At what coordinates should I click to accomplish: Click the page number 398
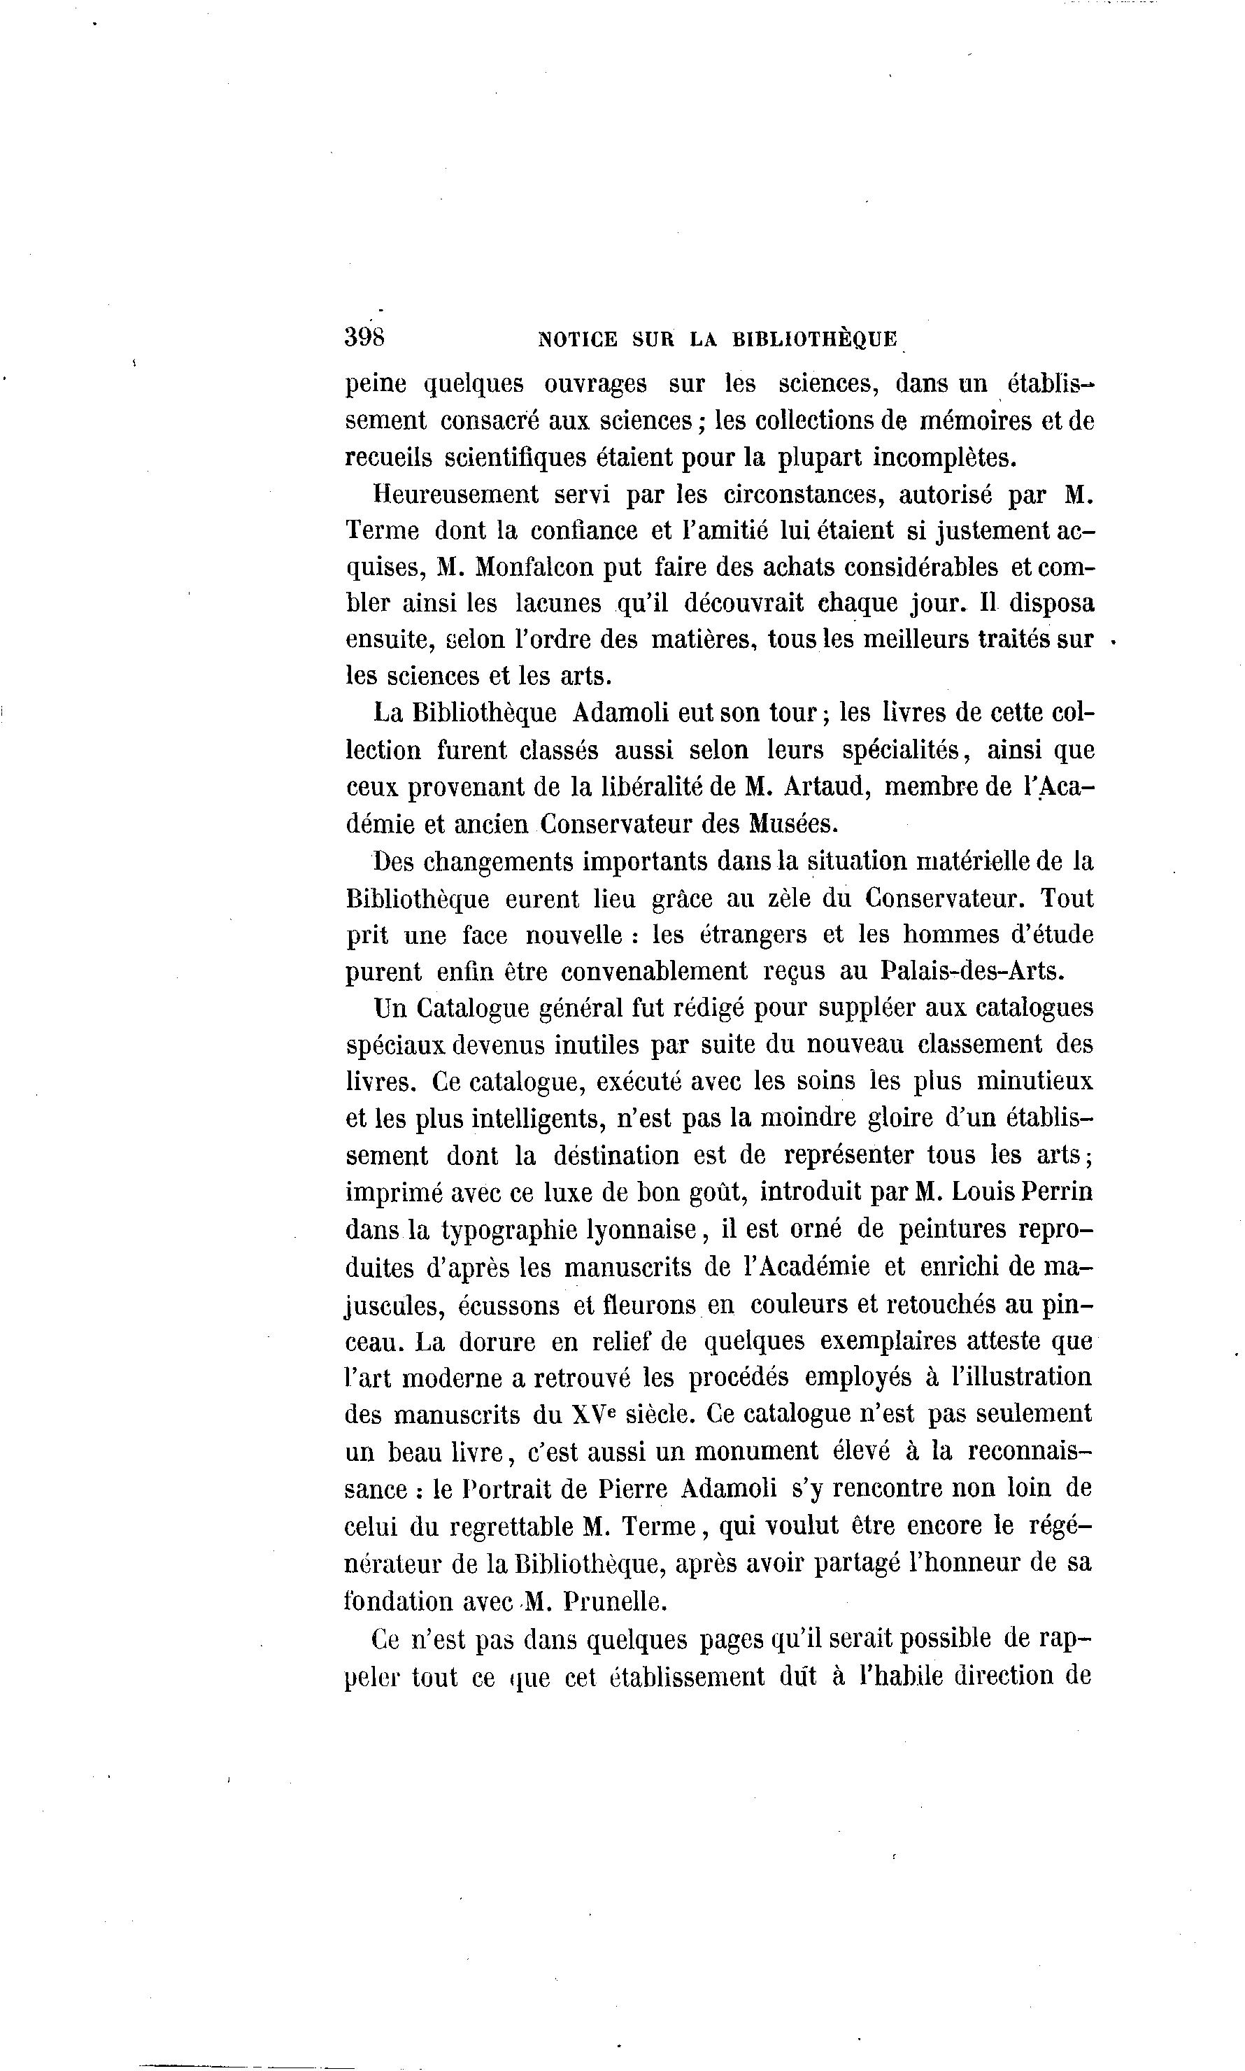364,337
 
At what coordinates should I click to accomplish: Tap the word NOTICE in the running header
577,340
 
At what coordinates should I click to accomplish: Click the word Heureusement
455,494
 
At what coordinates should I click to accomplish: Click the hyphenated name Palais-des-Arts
972,972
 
